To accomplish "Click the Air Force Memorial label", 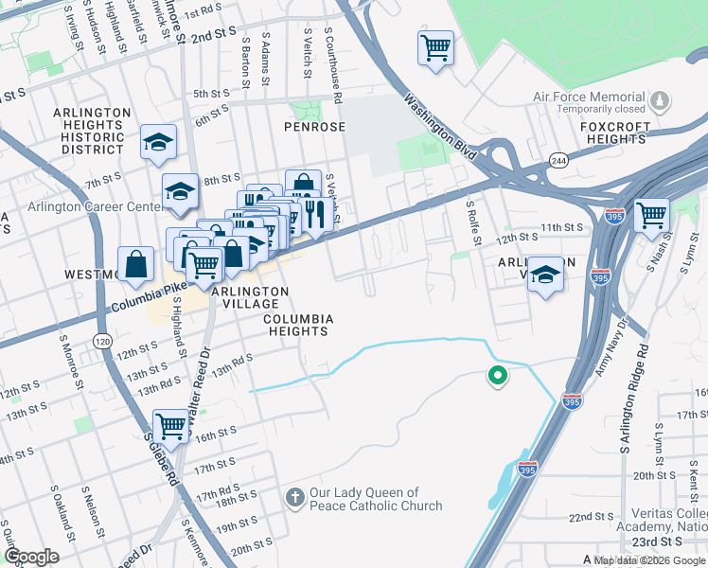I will click(x=593, y=97).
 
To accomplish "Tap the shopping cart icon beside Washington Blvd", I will click(x=435, y=46).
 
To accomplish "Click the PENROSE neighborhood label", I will click(x=310, y=126).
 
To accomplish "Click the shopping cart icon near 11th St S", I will click(x=651, y=215).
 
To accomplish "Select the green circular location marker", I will click(x=496, y=377).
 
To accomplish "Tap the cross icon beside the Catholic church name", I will click(x=295, y=496).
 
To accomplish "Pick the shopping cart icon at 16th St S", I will click(x=171, y=426).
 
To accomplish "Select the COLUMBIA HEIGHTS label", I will click(x=297, y=326).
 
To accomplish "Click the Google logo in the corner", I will click(x=31, y=557).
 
